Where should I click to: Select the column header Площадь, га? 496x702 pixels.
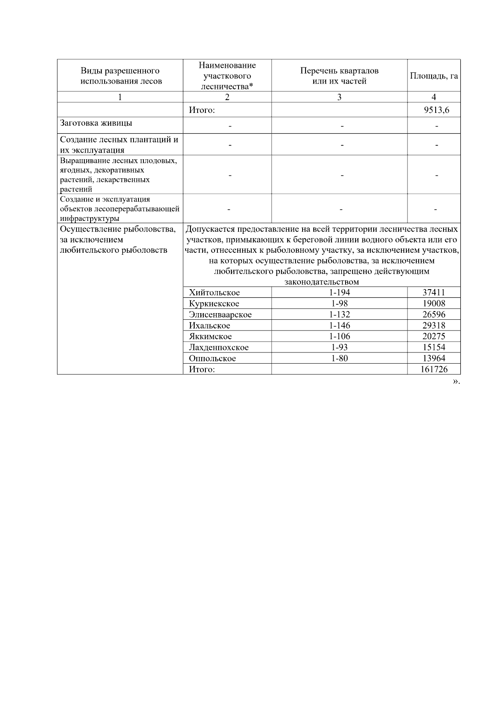click(x=434, y=76)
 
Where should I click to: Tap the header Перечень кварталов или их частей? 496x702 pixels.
click(x=339, y=76)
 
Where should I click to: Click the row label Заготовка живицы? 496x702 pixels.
click(x=96, y=123)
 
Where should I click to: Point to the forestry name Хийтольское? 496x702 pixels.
click(x=214, y=292)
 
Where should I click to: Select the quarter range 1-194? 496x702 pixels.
click(x=339, y=292)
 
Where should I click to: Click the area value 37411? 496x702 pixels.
click(x=434, y=292)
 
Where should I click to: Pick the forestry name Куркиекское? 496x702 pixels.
click(x=214, y=304)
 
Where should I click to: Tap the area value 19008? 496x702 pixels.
click(x=434, y=304)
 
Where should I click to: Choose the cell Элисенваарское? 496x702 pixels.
click(x=220, y=314)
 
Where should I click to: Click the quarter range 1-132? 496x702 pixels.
click(x=339, y=314)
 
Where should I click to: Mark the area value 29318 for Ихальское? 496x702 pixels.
click(x=434, y=326)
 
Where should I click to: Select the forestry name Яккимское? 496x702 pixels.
click(x=210, y=337)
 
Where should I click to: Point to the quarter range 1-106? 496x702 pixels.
click(x=339, y=337)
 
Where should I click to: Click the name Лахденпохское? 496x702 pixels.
click(x=219, y=347)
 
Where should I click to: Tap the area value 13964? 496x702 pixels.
click(x=434, y=359)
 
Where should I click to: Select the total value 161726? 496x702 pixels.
click(x=434, y=369)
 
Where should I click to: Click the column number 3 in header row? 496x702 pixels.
click(x=339, y=97)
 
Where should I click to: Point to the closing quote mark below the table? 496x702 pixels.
click(x=455, y=381)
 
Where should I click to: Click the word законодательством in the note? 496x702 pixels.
click(x=322, y=282)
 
